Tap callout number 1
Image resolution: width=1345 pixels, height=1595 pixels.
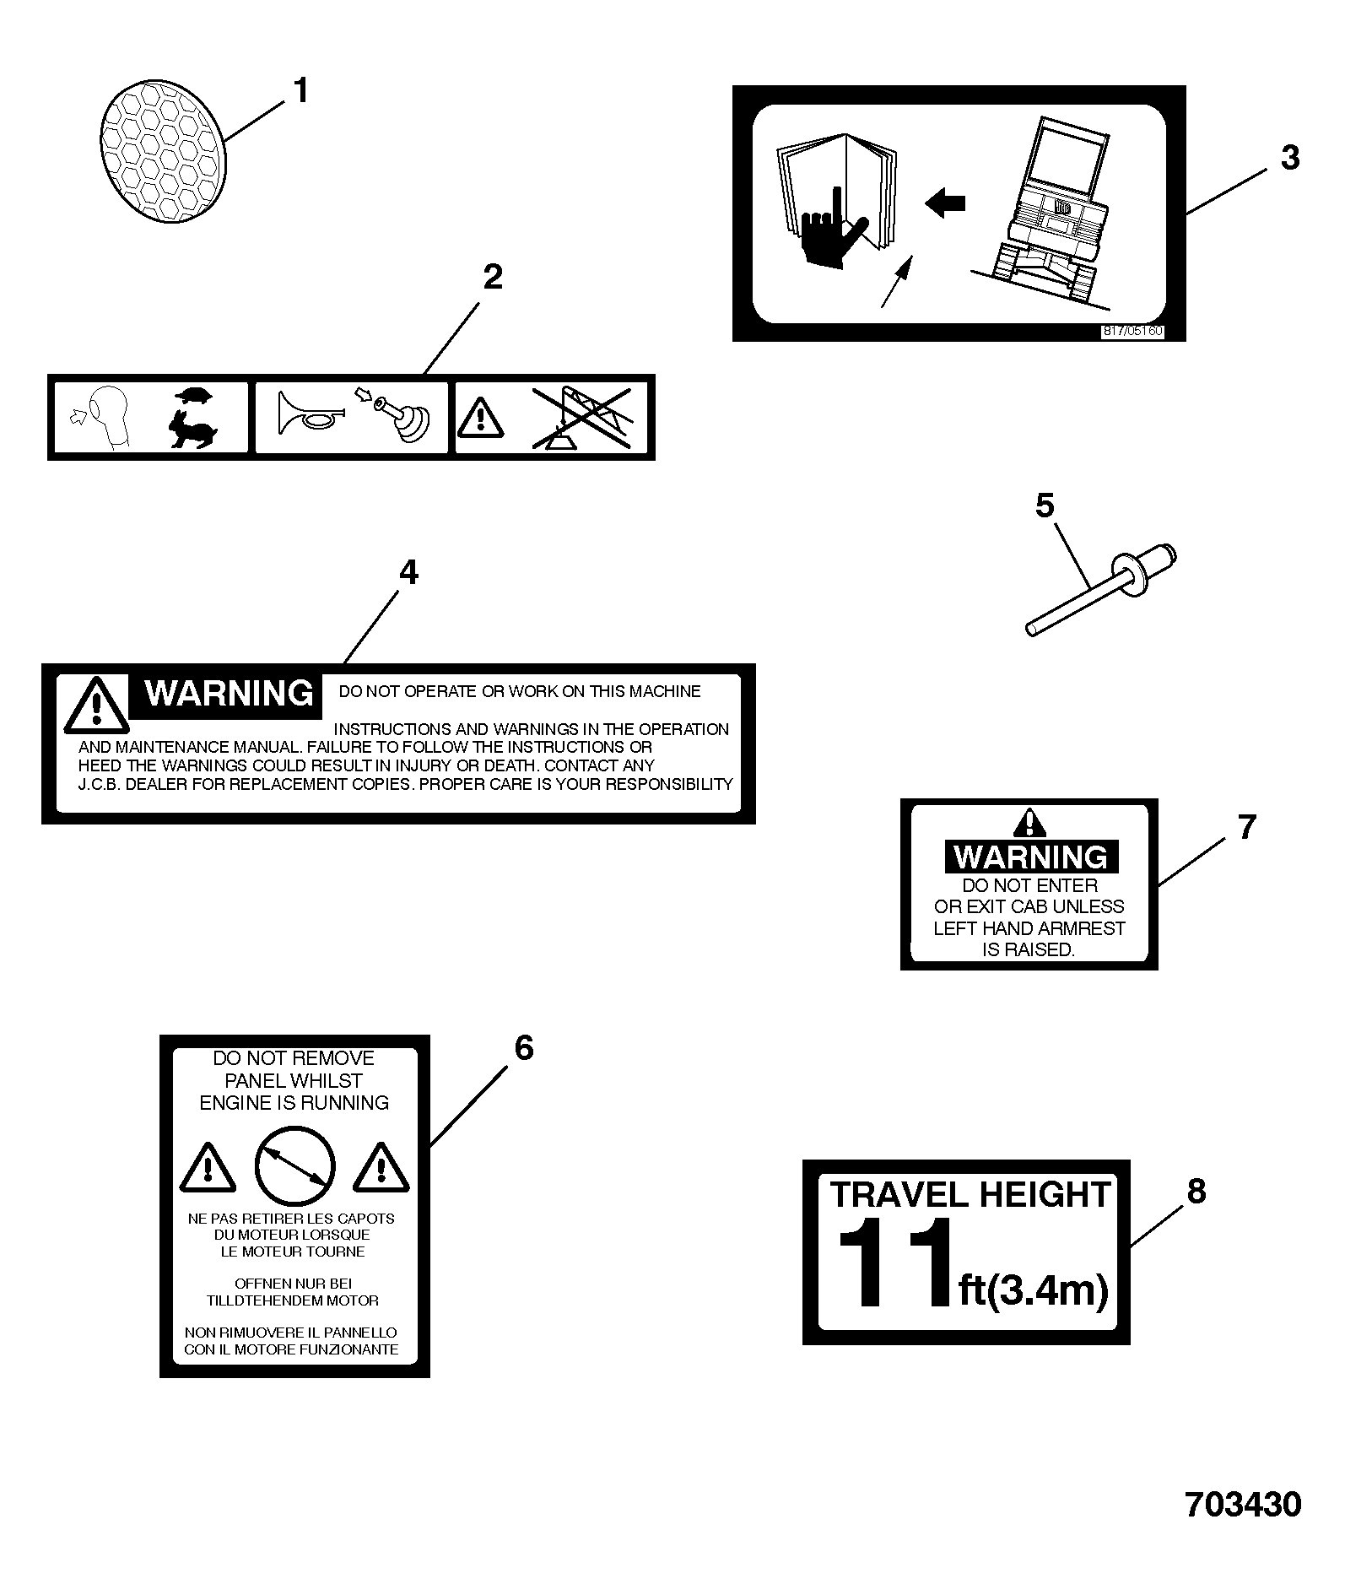click(300, 90)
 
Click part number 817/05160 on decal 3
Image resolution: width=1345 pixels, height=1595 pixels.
click(1132, 331)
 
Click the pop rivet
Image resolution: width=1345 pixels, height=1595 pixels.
click(1100, 589)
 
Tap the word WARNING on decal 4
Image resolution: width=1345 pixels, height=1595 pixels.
click(229, 693)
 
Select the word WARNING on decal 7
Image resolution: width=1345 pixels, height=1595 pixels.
click(1030, 857)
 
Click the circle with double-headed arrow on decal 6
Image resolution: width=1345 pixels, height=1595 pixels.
click(294, 1168)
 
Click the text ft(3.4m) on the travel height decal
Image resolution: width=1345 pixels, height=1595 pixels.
click(1033, 1290)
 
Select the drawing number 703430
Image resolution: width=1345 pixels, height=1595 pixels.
click(1243, 1504)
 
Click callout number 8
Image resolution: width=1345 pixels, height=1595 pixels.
click(1196, 1191)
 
